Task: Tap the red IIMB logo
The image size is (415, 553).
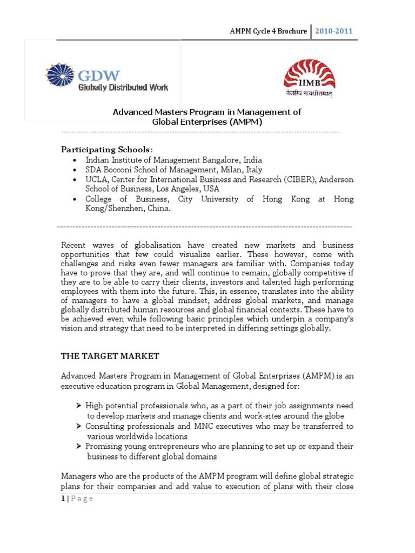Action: click(x=309, y=78)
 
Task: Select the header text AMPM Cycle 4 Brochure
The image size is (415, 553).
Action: click(x=268, y=31)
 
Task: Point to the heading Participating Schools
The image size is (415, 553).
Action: click(x=106, y=149)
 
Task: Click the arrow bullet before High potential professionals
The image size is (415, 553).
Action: click(x=79, y=406)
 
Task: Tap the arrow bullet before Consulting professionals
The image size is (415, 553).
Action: click(x=79, y=426)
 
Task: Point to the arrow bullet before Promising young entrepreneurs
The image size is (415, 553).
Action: click(x=79, y=447)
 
